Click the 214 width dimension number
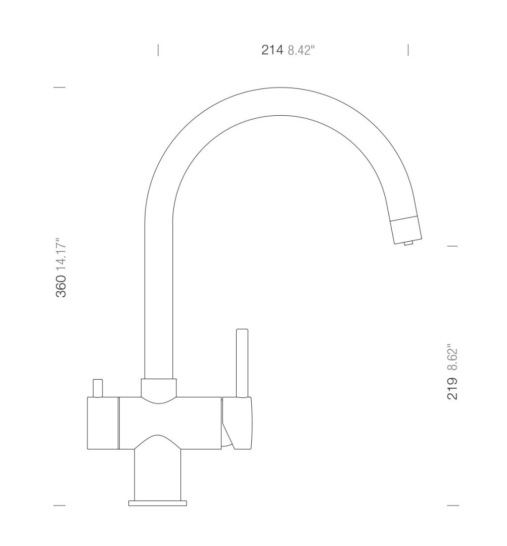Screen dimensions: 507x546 (x=272, y=50)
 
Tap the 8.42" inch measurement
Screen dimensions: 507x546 (x=301, y=51)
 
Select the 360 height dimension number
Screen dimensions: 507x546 (x=61, y=286)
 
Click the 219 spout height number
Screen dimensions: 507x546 (x=452, y=388)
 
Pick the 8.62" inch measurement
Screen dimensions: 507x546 (x=452, y=358)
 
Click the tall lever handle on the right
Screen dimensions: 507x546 (x=242, y=362)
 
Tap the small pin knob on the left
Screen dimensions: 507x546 (x=98, y=388)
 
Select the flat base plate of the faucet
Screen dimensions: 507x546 (x=157, y=503)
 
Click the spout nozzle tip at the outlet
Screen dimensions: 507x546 (x=406, y=230)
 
